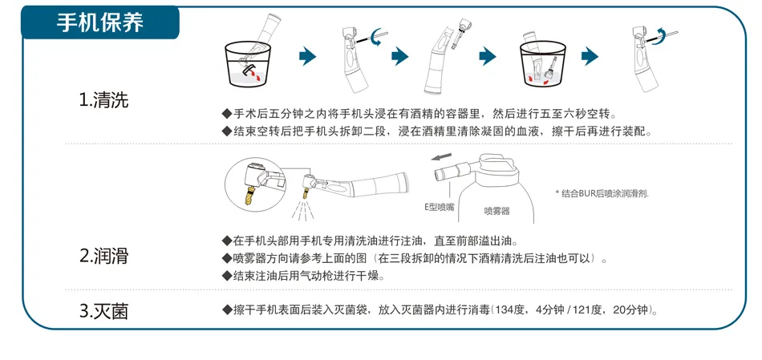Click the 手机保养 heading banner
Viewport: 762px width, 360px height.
click(x=99, y=22)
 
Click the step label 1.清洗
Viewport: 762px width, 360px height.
click(x=104, y=100)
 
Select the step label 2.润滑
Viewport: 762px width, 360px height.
click(x=104, y=256)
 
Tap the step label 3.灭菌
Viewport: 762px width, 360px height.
click(x=104, y=311)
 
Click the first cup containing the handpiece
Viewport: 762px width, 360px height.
click(x=248, y=64)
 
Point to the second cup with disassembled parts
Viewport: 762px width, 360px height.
click(x=543, y=64)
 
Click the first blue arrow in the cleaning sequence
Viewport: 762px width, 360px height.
click(x=308, y=56)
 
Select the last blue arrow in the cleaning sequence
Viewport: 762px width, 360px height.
click(x=590, y=56)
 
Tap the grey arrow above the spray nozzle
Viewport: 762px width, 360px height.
click(x=441, y=157)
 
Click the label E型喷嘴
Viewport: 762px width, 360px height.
click(x=439, y=207)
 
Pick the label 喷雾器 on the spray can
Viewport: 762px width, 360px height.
click(x=497, y=211)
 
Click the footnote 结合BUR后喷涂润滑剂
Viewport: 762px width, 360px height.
click(x=602, y=193)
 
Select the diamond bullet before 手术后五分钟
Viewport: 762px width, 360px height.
click(x=227, y=114)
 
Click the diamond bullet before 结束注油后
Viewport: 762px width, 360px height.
click(x=227, y=276)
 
